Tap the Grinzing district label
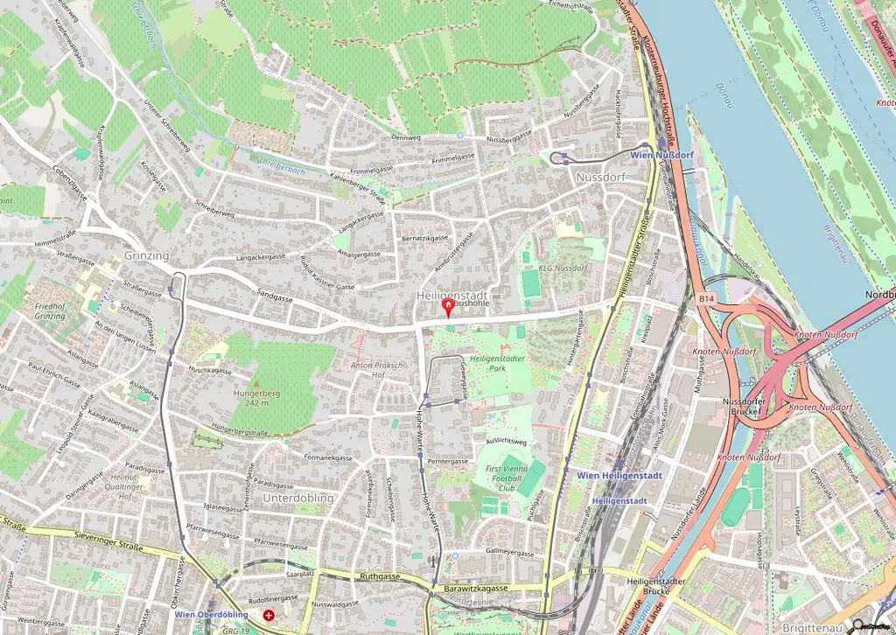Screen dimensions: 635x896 tap(146, 255)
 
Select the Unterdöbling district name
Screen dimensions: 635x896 tap(299, 498)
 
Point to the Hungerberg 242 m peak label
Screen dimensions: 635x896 tap(256, 399)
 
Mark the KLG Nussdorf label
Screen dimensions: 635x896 tap(563, 268)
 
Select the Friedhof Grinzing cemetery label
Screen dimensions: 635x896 tap(50, 311)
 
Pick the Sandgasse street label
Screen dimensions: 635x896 tap(275, 297)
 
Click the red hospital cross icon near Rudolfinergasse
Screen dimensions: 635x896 tap(268, 616)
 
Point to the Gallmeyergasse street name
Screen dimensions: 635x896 tap(509, 552)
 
